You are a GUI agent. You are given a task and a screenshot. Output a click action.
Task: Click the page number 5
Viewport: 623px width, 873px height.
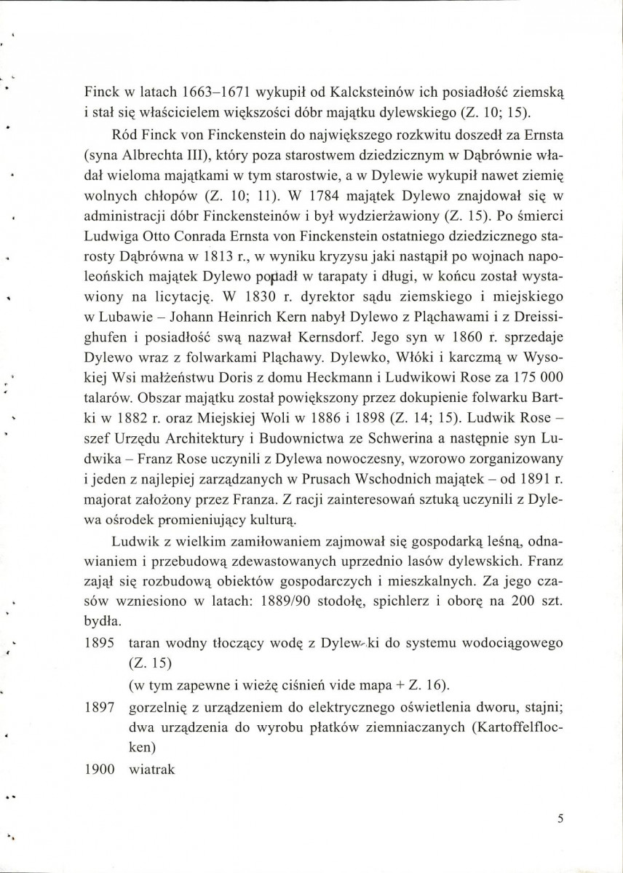tap(560, 818)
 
